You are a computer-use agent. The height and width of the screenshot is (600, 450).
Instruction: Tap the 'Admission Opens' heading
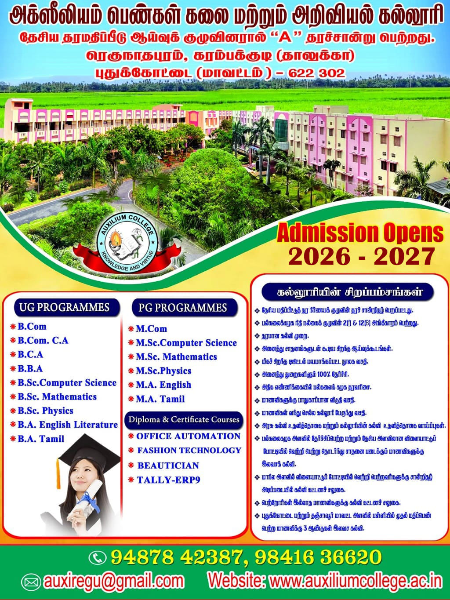click(x=360, y=233)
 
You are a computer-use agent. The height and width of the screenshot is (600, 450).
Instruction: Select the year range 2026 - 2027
click(x=362, y=256)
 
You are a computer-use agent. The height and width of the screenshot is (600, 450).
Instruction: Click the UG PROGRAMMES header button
click(x=67, y=308)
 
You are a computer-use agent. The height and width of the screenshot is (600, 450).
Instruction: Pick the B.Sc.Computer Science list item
click(x=67, y=383)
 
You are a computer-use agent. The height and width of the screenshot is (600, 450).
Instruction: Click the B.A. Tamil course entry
click(x=41, y=439)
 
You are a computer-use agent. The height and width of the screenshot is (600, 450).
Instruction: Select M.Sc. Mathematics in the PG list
click(x=176, y=357)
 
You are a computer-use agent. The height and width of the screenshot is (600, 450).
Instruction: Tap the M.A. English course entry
click(x=163, y=385)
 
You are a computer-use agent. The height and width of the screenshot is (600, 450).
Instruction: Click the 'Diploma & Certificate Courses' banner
click(x=184, y=420)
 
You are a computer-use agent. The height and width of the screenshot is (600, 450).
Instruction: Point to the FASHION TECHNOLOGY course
click(x=189, y=450)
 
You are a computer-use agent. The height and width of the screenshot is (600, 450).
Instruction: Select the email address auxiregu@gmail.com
click(x=114, y=582)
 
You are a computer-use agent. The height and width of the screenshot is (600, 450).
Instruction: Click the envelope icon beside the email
click(x=31, y=581)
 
